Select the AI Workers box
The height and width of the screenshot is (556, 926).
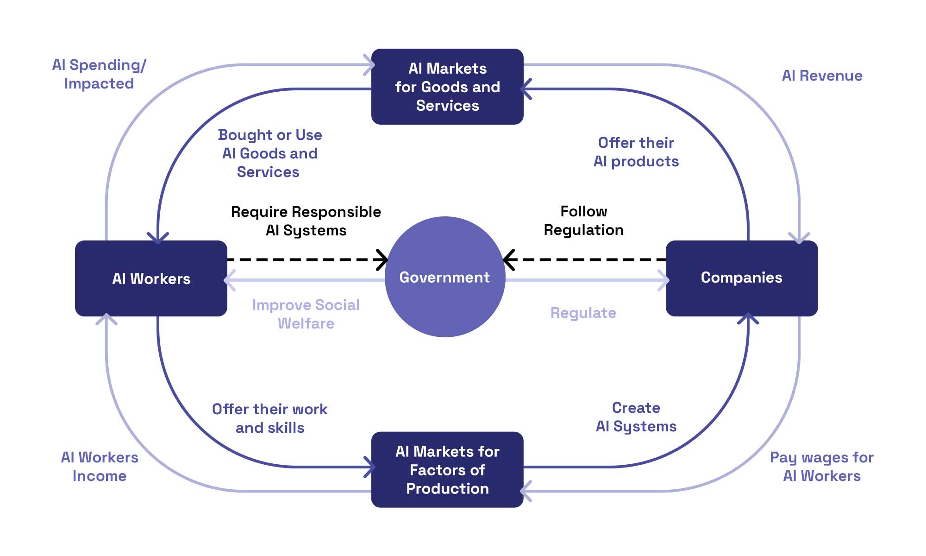(x=151, y=278)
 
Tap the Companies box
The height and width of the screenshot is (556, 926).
(x=741, y=278)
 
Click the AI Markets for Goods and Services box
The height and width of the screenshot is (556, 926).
(x=447, y=87)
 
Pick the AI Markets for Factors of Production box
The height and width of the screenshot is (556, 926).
(x=447, y=469)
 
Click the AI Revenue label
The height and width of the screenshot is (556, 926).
(x=822, y=76)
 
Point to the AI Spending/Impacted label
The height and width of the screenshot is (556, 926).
(x=99, y=74)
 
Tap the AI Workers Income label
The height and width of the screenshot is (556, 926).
(x=100, y=467)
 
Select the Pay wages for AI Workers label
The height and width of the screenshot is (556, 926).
(x=821, y=467)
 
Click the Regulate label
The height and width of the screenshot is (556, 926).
(x=583, y=313)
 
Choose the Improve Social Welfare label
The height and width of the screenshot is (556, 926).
(x=306, y=314)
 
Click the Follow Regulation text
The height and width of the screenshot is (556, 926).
(x=583, y=221)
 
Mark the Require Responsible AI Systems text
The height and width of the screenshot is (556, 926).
(x=306, y=221)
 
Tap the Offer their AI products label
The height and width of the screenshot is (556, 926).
(x=636, y=152)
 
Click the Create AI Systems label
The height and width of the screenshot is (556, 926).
(x=636, y=417)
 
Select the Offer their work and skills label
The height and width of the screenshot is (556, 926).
(x=270, y=418)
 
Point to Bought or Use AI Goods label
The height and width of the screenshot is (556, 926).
(x=270, y=153)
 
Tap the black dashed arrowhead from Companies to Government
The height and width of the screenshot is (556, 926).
(x=508, y=259)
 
